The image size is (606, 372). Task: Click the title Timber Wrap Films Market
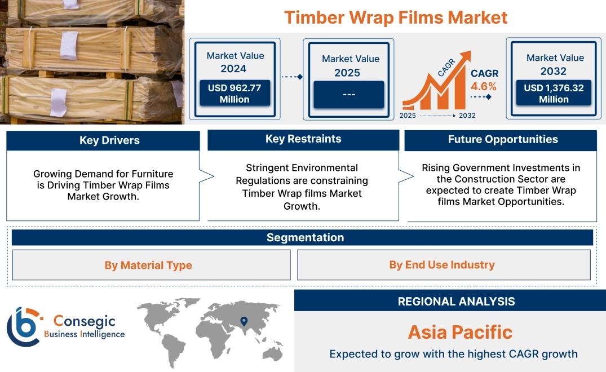(396, 17)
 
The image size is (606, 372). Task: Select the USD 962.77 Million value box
(234, 94)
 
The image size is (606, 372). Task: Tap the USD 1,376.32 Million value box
(554, 94)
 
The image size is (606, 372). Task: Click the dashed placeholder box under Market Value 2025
(348, 94)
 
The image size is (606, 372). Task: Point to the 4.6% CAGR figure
(484, 86)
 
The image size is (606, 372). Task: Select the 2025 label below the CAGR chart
(409, 116)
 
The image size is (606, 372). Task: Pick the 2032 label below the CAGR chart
(467, 116)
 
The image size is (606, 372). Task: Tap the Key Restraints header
(303, 139)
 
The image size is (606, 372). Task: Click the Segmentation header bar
(305, 237)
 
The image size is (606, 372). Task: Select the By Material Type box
(148, 265)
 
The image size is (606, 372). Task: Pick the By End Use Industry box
(442, 264)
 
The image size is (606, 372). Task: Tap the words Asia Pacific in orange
(460, 332)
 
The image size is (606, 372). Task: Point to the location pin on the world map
(244, 321)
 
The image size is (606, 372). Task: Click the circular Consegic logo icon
(23, 326)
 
